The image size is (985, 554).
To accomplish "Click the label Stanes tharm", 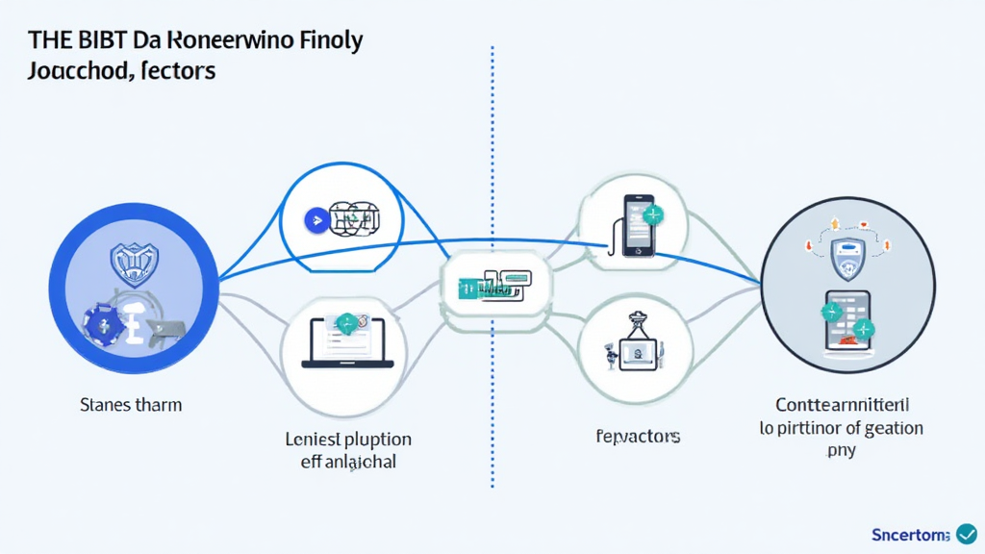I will (131, 405).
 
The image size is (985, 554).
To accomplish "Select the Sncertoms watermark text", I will (910, 534).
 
